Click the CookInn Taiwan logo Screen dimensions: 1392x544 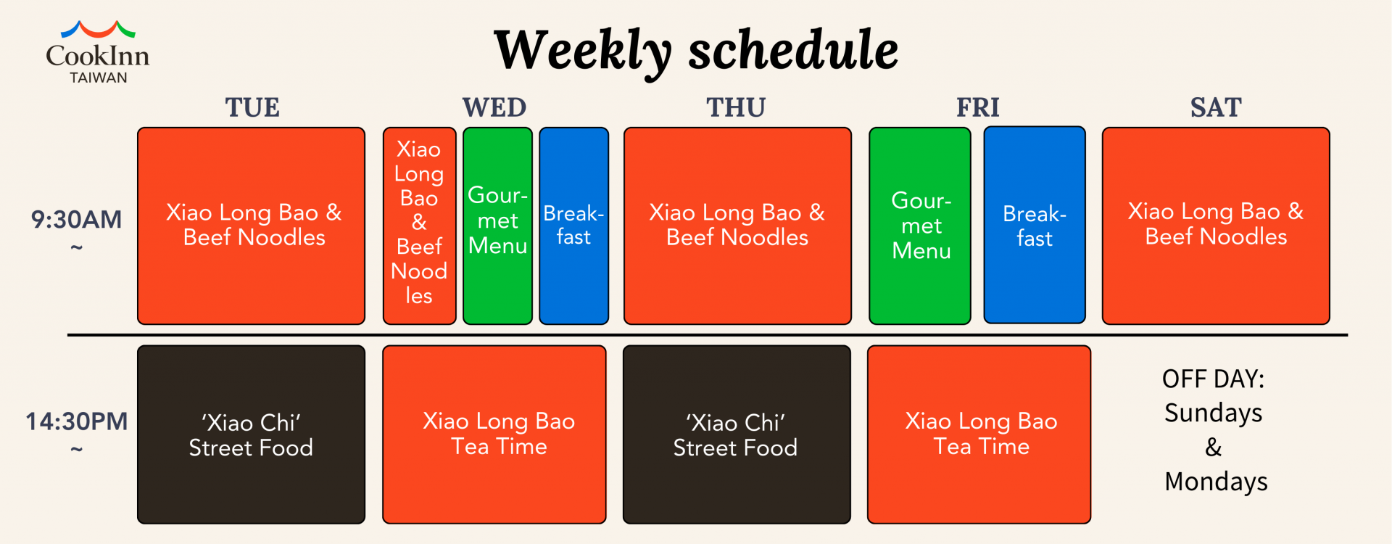(98, 52)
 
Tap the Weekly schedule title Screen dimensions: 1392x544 (696, 51)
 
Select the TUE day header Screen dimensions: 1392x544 (252, 107)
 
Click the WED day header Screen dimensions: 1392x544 (494, 107)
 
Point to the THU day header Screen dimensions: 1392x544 (736, 107)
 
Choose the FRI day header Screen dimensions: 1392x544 (978, 107)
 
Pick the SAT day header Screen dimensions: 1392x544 (1216, 107)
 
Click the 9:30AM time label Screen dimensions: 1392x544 (76, 220)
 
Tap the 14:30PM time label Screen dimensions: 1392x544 (76, 421)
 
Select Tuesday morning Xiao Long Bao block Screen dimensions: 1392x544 (251, 226)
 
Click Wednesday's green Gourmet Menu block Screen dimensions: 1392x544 (497, 226)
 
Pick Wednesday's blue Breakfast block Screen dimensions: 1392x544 (573, 226)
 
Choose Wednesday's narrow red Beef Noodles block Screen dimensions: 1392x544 (419, 226)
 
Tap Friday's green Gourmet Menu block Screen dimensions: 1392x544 (919, 226)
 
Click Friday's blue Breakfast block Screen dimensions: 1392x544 (1035, 225)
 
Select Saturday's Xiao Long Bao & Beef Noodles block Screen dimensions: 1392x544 (1216, 226)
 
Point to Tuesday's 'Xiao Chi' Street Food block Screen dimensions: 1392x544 (251, 434)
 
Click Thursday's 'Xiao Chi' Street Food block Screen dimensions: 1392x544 (737, 434)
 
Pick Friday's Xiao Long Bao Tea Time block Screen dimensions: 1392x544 (979, 434)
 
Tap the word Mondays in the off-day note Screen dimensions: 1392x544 (1216, 482)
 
